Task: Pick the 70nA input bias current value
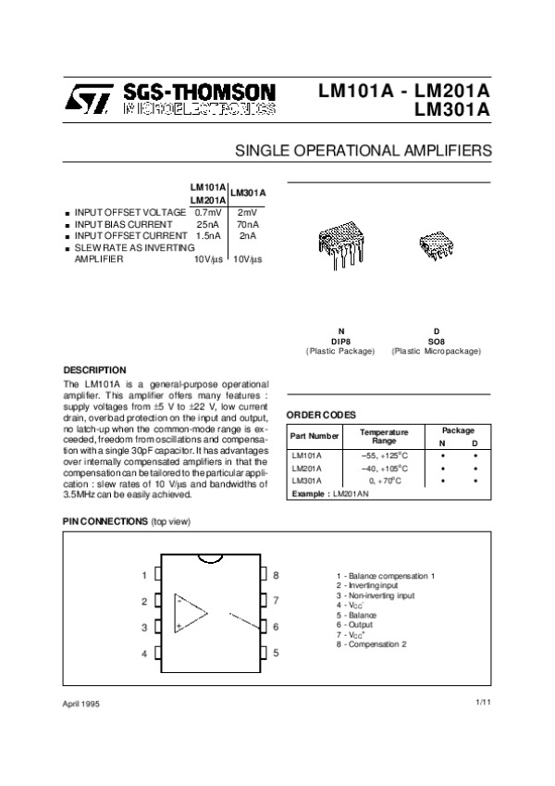click(x=247, y=224)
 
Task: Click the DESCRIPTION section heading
click(x=94, y=369)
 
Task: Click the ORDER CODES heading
click(x=321, y=414)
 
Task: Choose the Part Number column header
click(x=314, y=435)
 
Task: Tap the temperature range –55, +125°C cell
click(x=377, y=455)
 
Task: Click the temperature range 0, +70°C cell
click(x=377, y=481)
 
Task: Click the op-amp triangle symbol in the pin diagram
click(x=191, y=613)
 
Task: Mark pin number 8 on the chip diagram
click(x=276, y=575)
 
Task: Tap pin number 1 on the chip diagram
click(x=144, y=575)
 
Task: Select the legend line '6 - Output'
click(x=356, y=624)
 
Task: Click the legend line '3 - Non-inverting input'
click(x=376, y=595)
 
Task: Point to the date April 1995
click(x=81, y=705)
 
